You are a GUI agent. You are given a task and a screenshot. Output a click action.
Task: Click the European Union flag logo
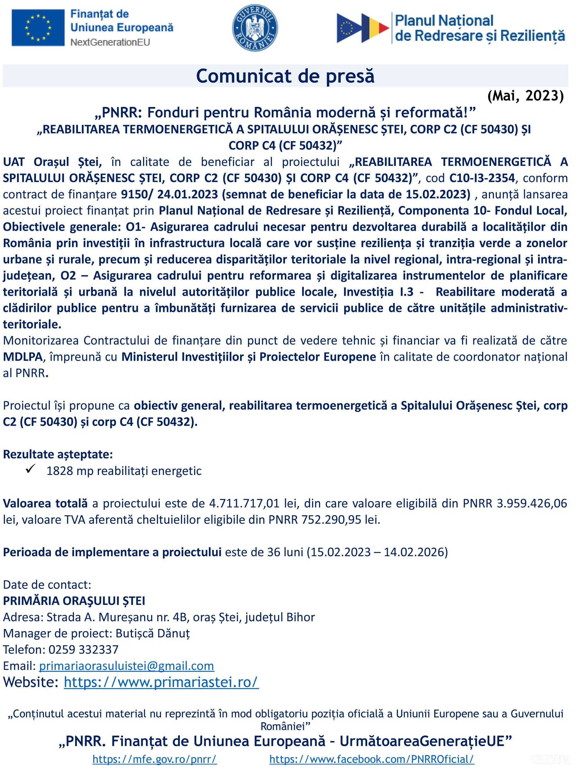coord(38,28)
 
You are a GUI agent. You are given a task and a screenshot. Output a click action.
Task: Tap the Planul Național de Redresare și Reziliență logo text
coord(480,28)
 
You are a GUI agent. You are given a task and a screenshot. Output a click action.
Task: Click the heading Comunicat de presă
coord(285,76)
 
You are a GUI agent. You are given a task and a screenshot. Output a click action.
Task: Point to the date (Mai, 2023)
coord(525,96)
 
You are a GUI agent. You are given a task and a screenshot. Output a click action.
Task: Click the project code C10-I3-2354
coord(482,178)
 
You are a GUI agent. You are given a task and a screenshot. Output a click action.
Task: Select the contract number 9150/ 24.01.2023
coord(169,194)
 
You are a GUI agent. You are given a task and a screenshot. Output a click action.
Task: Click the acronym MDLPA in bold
coord(23,357)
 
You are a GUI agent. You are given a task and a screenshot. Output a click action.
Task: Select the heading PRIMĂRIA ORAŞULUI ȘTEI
coord(74,601)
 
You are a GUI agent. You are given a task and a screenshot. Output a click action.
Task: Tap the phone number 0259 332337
coord(84,650)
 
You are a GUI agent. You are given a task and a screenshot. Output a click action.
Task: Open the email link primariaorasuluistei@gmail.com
coord(127,666)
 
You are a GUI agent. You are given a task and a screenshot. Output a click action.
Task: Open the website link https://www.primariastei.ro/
coord(161,682)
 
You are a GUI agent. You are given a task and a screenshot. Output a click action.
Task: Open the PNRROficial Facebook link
coord(372,759)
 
